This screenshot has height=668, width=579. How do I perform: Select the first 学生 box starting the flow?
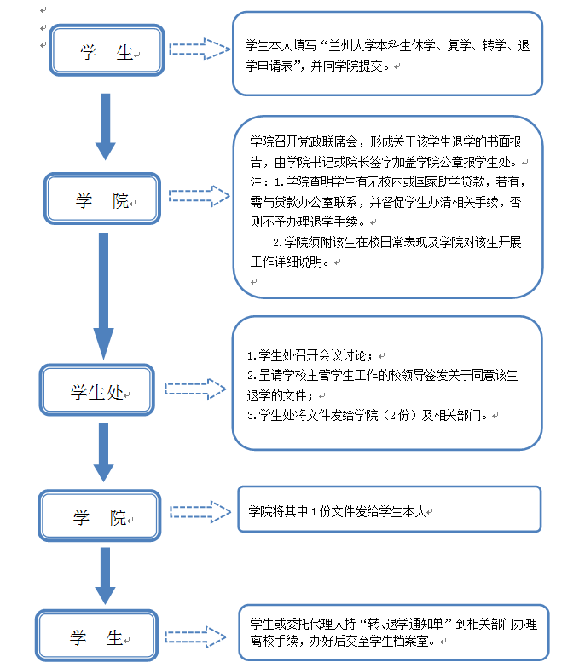click(106, 54)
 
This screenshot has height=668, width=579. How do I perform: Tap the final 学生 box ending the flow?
click(96, 637)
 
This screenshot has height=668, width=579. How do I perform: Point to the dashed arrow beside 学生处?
click(195, 389)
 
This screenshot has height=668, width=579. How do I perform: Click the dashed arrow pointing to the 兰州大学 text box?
click(199, 49)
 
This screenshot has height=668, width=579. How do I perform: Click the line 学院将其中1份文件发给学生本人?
click(336, 511)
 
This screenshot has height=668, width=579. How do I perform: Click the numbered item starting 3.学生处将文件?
click(367, 416)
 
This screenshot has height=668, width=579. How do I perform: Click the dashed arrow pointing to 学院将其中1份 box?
click(200, 511)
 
